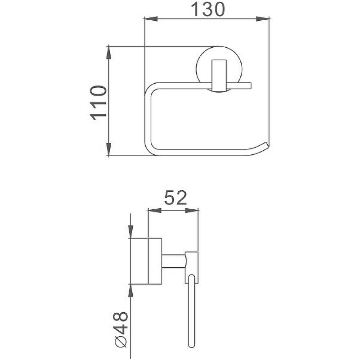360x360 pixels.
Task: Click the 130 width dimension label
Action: pos(207,9)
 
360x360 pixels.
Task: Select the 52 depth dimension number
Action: pos(175,198)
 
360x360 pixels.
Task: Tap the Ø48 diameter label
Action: pos(121,331)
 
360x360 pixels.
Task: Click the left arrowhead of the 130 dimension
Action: pos(151,19)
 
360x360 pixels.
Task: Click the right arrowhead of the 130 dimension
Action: pos(262,19)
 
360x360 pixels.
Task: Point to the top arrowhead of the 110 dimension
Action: pos(109,53)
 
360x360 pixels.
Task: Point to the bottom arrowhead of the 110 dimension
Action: pos(109,149)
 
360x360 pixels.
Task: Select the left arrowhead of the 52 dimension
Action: pos(154,210)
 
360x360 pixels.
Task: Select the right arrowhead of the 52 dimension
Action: pos(192,210)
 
